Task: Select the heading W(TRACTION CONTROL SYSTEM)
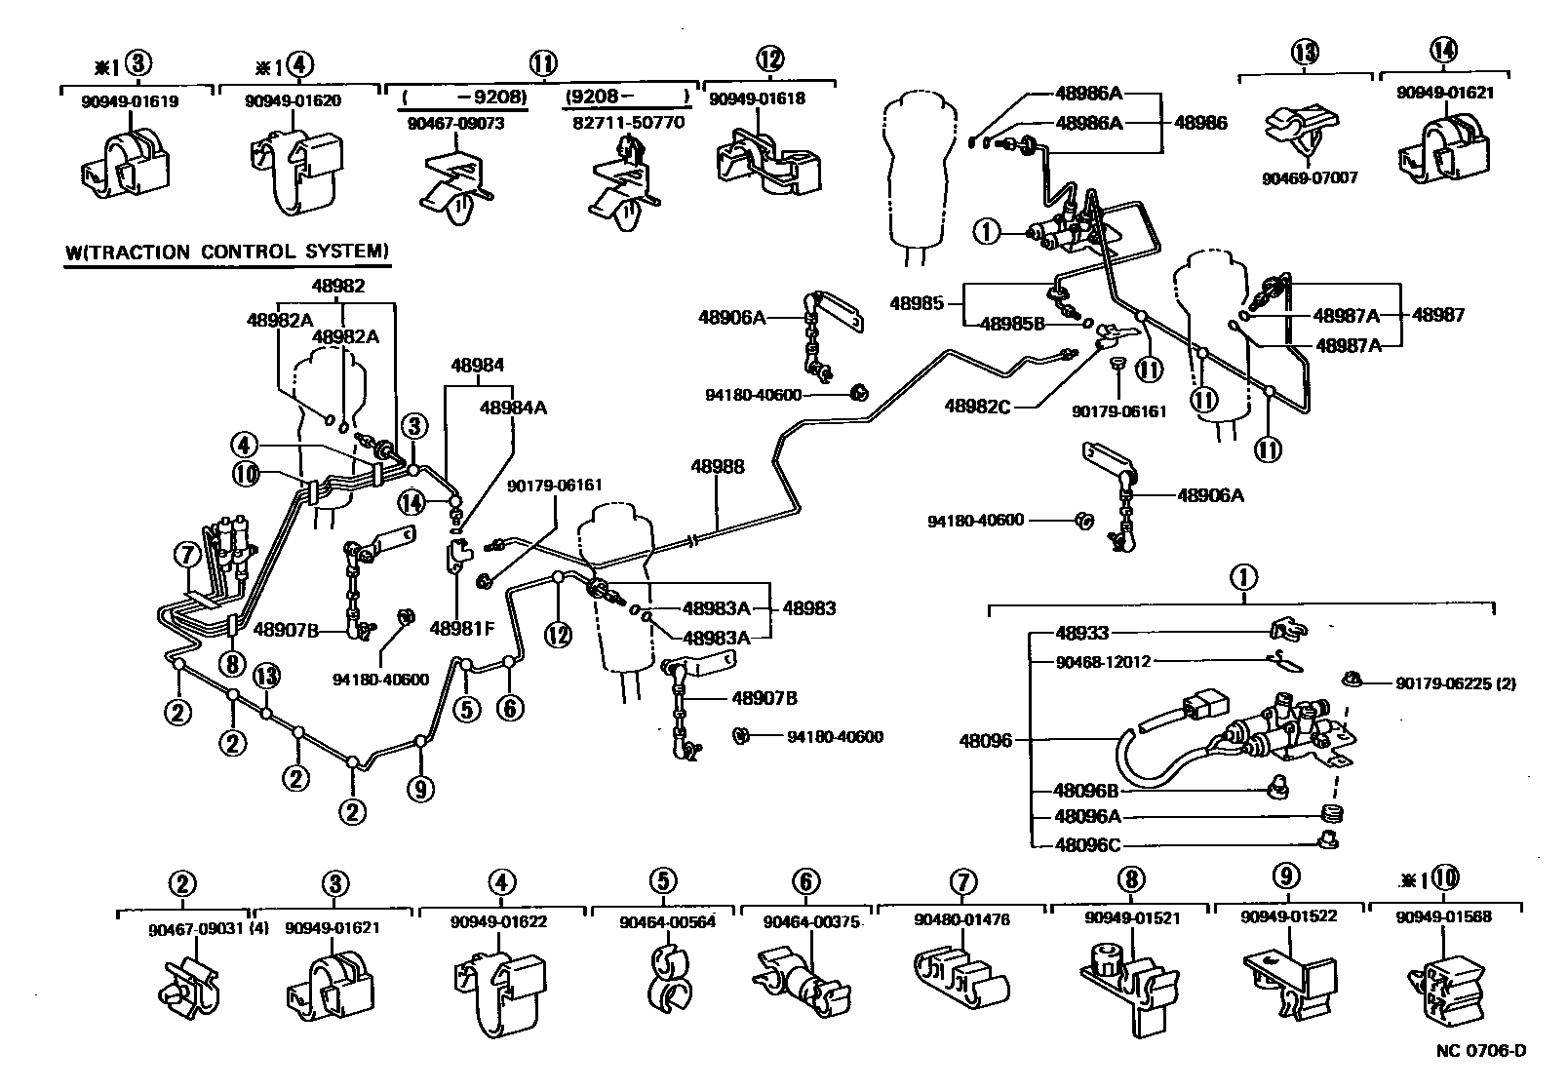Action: coord(227,252)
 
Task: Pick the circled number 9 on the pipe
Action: coord(420,789)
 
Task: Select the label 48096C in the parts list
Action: coord(1086,845)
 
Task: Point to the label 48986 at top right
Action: coord(1200,122)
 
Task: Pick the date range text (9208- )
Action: coord(626,97)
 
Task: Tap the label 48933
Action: coord(1082,633)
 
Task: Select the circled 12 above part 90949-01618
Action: coord(769,59)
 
